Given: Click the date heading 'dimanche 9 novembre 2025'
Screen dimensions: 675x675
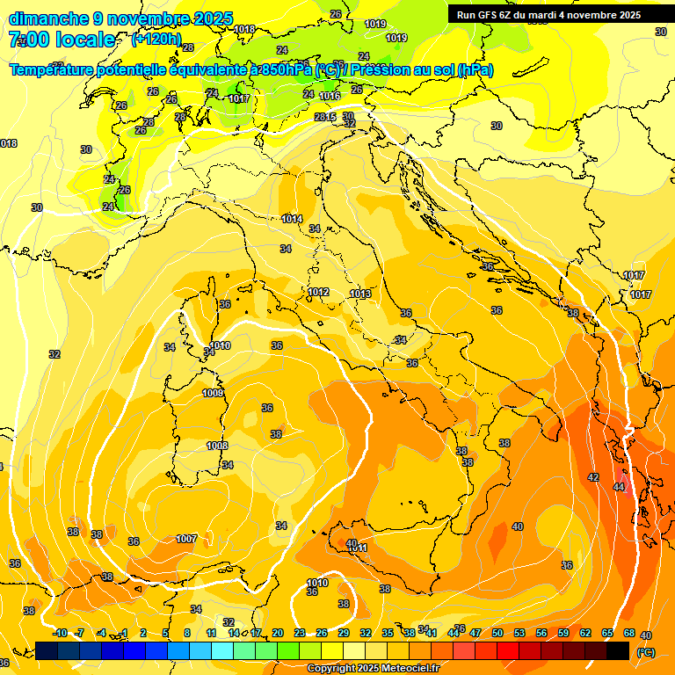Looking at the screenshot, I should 121,18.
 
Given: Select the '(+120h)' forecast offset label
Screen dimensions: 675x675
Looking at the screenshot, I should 157,40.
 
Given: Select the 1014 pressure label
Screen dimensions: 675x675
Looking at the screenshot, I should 293,219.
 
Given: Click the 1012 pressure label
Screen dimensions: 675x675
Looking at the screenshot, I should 318,292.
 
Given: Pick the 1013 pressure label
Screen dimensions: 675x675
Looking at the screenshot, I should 360,294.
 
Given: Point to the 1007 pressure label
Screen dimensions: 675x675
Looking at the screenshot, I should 186,539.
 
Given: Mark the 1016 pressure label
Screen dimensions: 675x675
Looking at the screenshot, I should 330,97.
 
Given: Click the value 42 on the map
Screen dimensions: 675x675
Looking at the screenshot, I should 593,477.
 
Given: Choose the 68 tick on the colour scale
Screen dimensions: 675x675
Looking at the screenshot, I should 629,633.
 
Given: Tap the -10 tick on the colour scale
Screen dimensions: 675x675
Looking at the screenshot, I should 60,633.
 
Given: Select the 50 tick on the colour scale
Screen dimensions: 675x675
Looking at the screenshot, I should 497,633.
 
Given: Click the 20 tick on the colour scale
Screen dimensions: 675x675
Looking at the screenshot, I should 278,633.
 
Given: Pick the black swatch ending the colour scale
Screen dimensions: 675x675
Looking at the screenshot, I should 618,650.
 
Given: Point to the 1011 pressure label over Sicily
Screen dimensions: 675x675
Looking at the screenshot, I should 360,548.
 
